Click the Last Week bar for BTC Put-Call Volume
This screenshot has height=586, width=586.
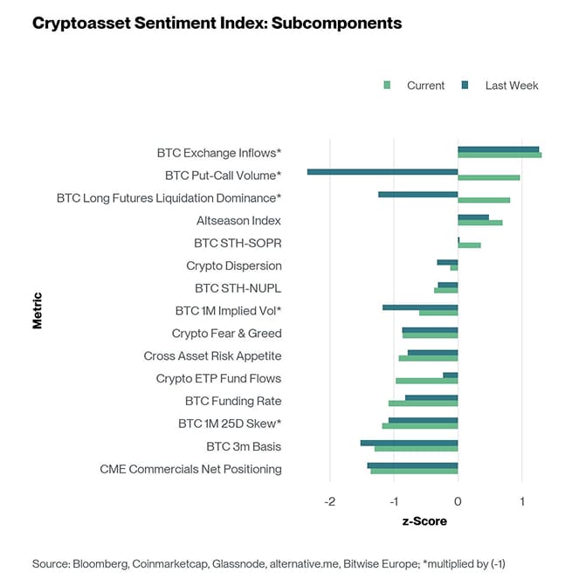pos(383,172)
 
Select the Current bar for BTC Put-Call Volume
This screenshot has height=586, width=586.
pos(488,177)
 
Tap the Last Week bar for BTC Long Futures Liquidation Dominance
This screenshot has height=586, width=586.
pos(417,194)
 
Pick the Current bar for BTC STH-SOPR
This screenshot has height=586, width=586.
pos(469,245)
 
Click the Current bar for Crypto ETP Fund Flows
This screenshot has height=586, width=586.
pos(426,381)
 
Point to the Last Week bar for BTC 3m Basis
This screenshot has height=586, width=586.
pos(409,443)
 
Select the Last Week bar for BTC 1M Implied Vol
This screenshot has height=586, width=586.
pos(420,307)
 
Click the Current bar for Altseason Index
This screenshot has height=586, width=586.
pos(479,223)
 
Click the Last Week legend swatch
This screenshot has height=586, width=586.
pos(465,86)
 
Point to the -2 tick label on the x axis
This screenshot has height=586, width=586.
pos(329,502)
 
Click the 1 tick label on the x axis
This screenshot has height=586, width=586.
pos(521,502)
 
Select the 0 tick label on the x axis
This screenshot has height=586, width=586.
pos(458,502)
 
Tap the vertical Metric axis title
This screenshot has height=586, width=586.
pos(38,310)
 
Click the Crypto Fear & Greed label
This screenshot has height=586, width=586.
pos(226,334)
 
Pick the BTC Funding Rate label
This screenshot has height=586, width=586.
pos(233,401)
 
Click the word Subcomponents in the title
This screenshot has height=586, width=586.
pos(337,24)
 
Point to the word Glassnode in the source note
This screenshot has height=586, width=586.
pos(232,563)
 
